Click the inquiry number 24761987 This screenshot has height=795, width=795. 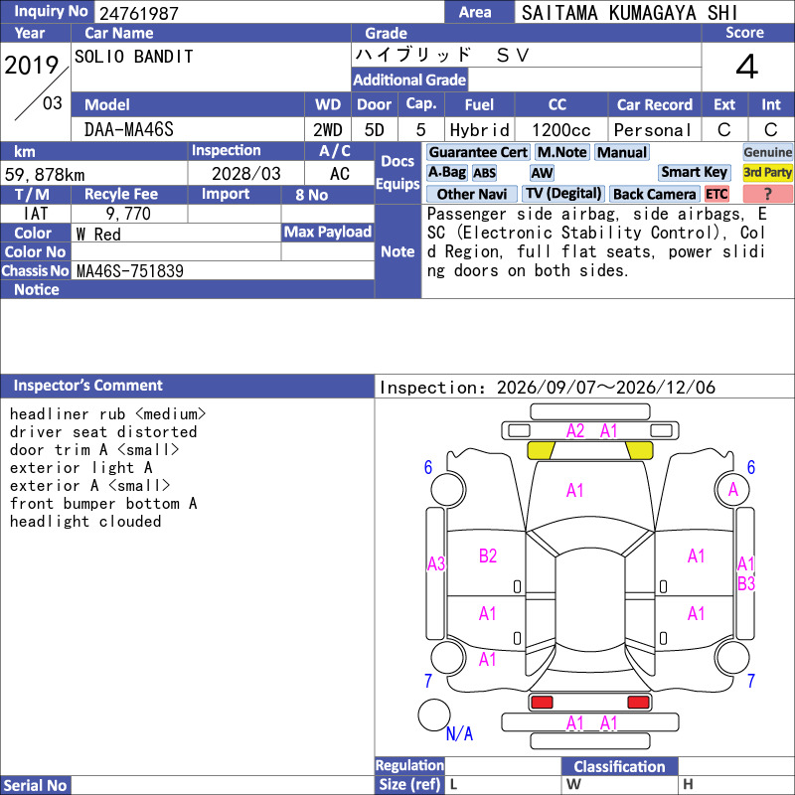click(x=139, y=13)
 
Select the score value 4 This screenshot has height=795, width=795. click(x=747, y=67)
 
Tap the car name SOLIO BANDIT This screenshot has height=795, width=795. click(x=134, y=57)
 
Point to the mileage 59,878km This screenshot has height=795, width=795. click(x=45, y=175)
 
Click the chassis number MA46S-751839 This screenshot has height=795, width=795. click(x=130, y=270)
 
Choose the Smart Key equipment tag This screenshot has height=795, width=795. click(x=694, y=172)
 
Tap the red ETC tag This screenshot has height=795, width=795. click(x=716, y=194)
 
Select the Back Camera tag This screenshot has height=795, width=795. click(x=654, y=194)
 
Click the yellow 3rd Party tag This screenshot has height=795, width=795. click(x=767, y=172)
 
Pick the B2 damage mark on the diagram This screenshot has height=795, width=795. click(x=488, y=556)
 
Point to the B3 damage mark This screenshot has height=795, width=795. click(x=746, y=583)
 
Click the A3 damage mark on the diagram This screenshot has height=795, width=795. click(x=436, y=563)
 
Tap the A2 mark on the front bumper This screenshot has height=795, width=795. click(x=575, y=431)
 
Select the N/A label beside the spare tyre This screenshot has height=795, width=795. click(x=459, y=733)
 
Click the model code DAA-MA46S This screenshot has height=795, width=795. click(x=129, y=130)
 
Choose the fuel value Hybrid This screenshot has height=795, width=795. click(x=480, y=130)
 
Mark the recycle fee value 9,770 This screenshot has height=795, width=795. click(x=128, y=214)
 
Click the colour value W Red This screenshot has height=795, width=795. click(x=98, y=235)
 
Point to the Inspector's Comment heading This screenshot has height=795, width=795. click(x=87, y=386)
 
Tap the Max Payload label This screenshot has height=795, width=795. click(x=328, y=233)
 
